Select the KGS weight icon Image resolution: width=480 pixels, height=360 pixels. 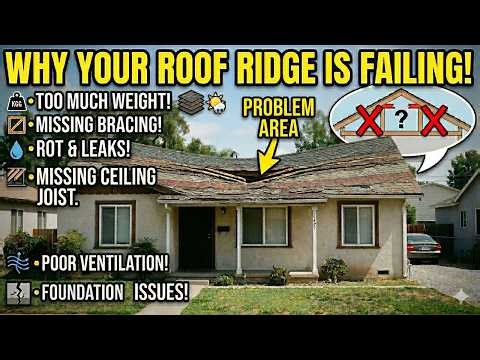pyautogui.click(x=15, y=103)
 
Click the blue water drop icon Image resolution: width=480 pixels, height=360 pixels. pyautogui.click(x=15, y=147)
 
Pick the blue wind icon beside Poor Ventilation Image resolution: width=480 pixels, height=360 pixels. pyautogui.click(x=15, y=262)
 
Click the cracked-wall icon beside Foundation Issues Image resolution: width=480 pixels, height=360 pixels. pyautogui.click(x=15, y=293)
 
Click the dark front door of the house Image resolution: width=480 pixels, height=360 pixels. pyautogui.click(x=196, y=238)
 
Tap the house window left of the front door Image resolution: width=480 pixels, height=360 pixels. pyautogui.click(x=115, y=225)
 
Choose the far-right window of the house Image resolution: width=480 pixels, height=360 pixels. pyautogui.click(x=357, y=224)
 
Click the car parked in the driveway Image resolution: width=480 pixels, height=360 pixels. pyautogui.click(x=423, y=248)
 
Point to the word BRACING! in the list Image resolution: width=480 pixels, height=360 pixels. pyautogui.click(x=131, y=125)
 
